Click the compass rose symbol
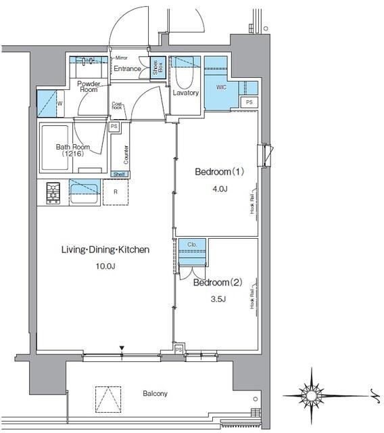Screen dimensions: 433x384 (x=312, y=392)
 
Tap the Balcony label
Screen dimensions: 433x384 (x=155, y=393)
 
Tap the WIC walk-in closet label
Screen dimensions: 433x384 (x=222, y=87)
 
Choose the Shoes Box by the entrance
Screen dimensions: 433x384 (x=155, y=69)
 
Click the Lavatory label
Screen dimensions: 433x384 (x=185, y=93)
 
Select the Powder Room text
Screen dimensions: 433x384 (x=89, y=86)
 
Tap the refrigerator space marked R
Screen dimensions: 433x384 (x=116, y=192)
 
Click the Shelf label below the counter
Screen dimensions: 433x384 (x=119, y=174)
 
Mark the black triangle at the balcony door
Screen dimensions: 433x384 (x=122, y=348)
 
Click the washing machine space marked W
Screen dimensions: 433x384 (x=60, y=104)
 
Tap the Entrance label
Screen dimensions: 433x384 (x=127, y=69)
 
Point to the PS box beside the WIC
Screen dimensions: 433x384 (x=249, y=102)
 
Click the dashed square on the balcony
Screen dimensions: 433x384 (x=107, y=399)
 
